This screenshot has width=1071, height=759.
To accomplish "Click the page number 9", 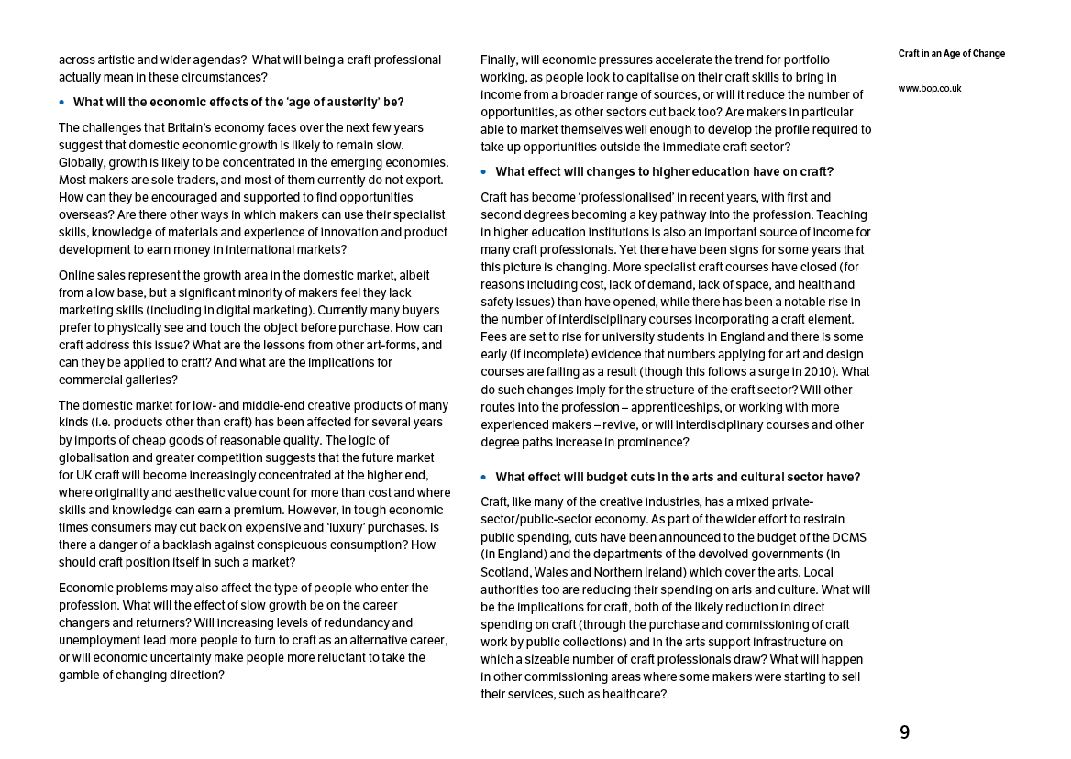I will coord(904,732).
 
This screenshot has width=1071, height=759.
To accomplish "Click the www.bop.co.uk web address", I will coord(930,89).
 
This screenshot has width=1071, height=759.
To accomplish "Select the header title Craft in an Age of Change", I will coord(951,54).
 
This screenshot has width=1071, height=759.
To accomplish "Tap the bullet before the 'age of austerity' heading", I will coord(62,103).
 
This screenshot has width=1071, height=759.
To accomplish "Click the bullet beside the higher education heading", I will coord(484,172).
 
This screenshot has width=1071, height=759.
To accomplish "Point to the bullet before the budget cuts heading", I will coord(484,478).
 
